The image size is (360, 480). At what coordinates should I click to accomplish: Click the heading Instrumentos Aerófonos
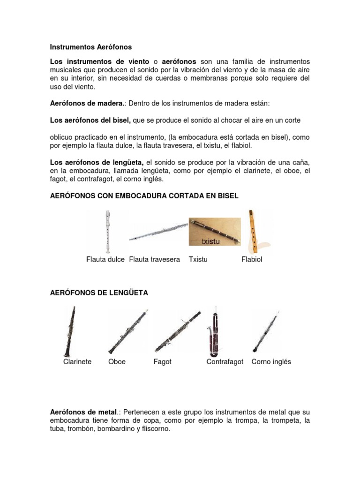coord(91,47)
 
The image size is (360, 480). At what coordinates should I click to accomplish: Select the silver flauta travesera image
coord(158,231)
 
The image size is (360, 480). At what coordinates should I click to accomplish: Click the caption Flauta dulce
coord(105,259)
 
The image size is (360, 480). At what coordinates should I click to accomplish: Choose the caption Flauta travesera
coord(154,259)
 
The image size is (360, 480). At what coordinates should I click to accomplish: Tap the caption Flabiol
coord(252,259)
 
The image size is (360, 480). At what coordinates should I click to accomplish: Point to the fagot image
coord(178,331)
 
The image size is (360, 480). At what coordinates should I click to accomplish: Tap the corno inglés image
coord(266,331)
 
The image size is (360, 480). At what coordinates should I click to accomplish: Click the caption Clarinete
coord(77,361)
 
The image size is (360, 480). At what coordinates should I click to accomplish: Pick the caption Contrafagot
coord(225,361)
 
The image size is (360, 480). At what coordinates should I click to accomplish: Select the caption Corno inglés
coord(271,361)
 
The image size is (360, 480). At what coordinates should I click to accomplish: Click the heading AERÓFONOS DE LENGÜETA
coord(99,293)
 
